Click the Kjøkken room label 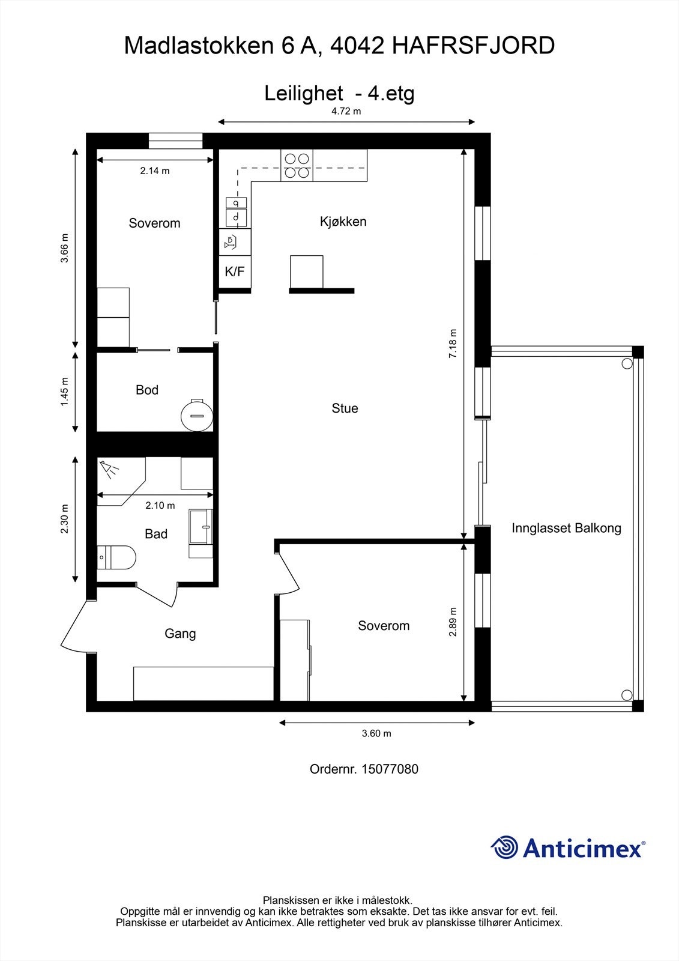click(343, 222)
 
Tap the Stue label click(345, 408)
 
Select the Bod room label click(147, 390)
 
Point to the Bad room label click(156, 534)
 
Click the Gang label click(180, 634)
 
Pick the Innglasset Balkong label click(566, 528)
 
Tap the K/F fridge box click(235, 271)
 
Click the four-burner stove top click(297, 165)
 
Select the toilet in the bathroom click(116, 557)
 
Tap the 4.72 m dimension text click(346, 111)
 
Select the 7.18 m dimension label click(453, 343)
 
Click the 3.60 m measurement click(376, 733)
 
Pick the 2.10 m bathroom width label click(160, 505)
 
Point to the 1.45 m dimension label click(64, 392)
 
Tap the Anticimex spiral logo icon click(504, 847)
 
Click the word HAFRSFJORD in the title click(474, 46)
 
